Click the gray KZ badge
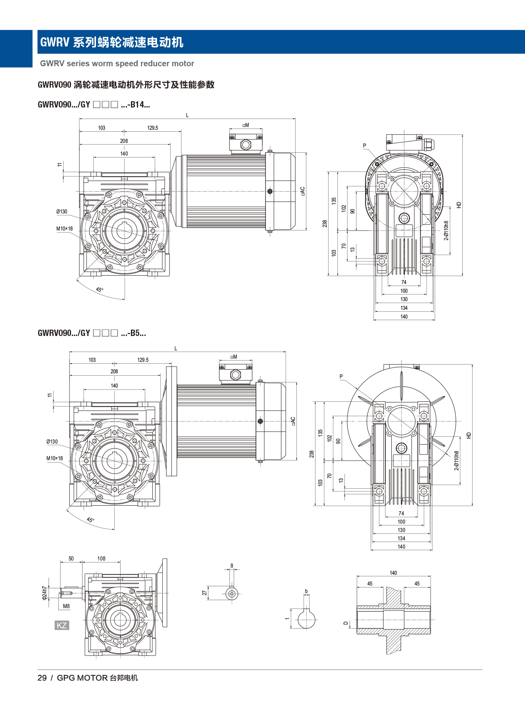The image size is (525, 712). pyautogui.click(x=62, y=626)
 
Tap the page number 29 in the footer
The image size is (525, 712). pyautogui.click(x=42, y=678)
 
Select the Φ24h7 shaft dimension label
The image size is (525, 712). pyautogui.click(x=45, y=593)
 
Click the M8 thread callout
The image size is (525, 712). pyautogui.click(x=66, y=606)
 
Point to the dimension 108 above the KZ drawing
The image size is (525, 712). pyautogui.click(x=101, y=558)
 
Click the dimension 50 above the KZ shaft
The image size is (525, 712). pyautogui.click(x=71, y=558)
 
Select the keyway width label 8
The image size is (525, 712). pyautogui.click(x=232, y=566)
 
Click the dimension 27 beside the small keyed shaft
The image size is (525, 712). pyautogui.click(x=204, y=593)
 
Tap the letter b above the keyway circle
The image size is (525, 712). pyautogui.click(x=306, y=591)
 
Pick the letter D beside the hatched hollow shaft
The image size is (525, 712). pyautogui.click(x=346, y=623)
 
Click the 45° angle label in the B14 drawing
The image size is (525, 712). pyautogui.click(x=99, y=290)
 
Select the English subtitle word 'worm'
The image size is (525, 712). pyautogui.click(x=103, y=63)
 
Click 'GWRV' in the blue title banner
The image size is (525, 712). pyautogui.click(x=55, y=42)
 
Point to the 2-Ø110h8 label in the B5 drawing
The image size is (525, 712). pyautogui.click(x=457, y=461)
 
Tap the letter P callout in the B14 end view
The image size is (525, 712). pyautogui.click(x=365, y=146)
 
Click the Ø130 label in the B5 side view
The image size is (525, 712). pyautogui.click(x=52, y=441)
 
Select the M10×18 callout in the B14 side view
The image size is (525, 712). pyautogui.click(x=64, y=228)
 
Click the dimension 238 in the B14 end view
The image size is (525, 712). pyautogui.click(x=325, y=224)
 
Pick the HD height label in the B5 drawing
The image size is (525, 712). pyautogui.click(x=469, y=435)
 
